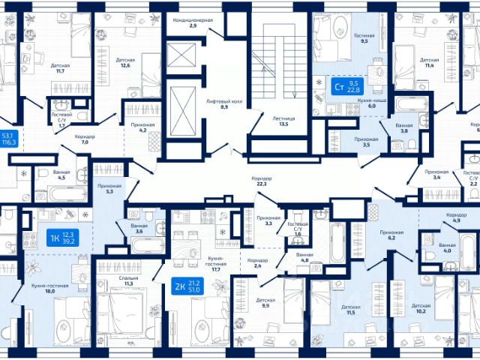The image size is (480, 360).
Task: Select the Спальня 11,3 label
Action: coord(128,281)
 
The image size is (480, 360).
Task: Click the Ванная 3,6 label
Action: coord(139,228)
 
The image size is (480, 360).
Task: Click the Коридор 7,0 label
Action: coord(85,140)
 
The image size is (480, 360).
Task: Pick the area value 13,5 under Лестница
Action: coord(283,124)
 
